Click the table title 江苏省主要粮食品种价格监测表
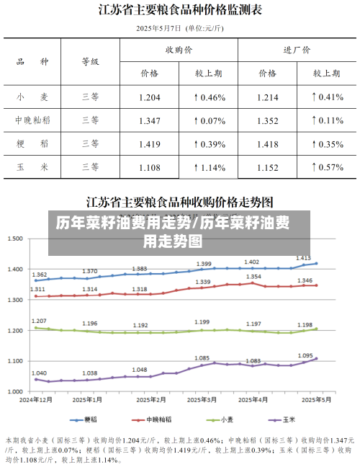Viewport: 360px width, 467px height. (180, 10)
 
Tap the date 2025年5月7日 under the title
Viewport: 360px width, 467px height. (159, 29)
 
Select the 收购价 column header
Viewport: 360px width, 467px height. (179, 50)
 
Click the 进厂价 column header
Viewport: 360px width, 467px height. (297, 50)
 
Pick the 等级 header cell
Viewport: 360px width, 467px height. (90, 62)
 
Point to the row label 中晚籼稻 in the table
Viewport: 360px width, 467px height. (32, 120)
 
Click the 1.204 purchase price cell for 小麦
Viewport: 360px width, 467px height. (149, 97)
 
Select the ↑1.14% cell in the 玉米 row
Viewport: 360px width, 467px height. (209, 167)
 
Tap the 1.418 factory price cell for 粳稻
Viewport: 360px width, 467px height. (267, 144)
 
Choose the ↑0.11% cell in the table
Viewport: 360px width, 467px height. (326, 120)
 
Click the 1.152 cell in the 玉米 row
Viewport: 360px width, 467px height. (267, 167)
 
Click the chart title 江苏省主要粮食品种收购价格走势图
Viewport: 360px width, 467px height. (180, 200)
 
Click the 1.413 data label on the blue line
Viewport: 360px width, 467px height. (303, 257)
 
